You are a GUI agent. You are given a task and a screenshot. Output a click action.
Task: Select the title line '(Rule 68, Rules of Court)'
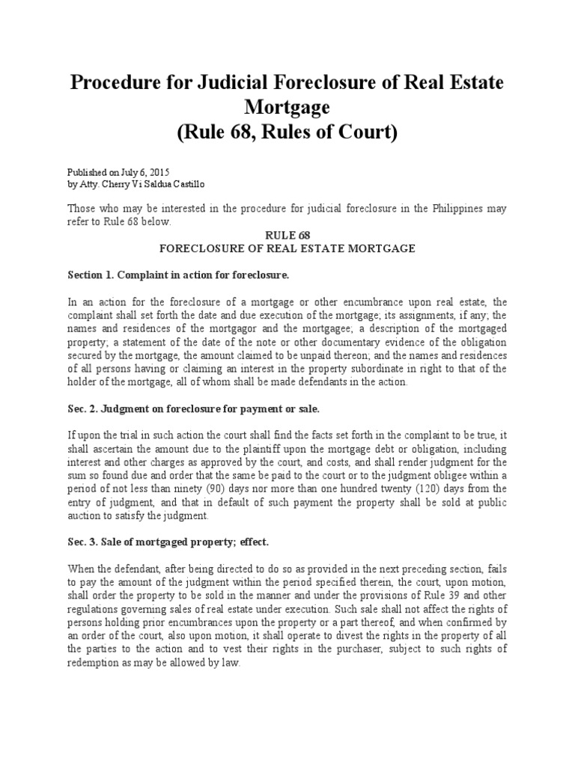click(x=287, y=133)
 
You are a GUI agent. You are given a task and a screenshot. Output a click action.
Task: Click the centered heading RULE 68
click(x=287, y=234)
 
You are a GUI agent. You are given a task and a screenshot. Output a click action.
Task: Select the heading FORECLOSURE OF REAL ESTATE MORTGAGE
click(x=287, y=248)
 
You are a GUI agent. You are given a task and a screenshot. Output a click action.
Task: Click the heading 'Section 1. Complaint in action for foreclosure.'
click(x=177, y=275)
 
